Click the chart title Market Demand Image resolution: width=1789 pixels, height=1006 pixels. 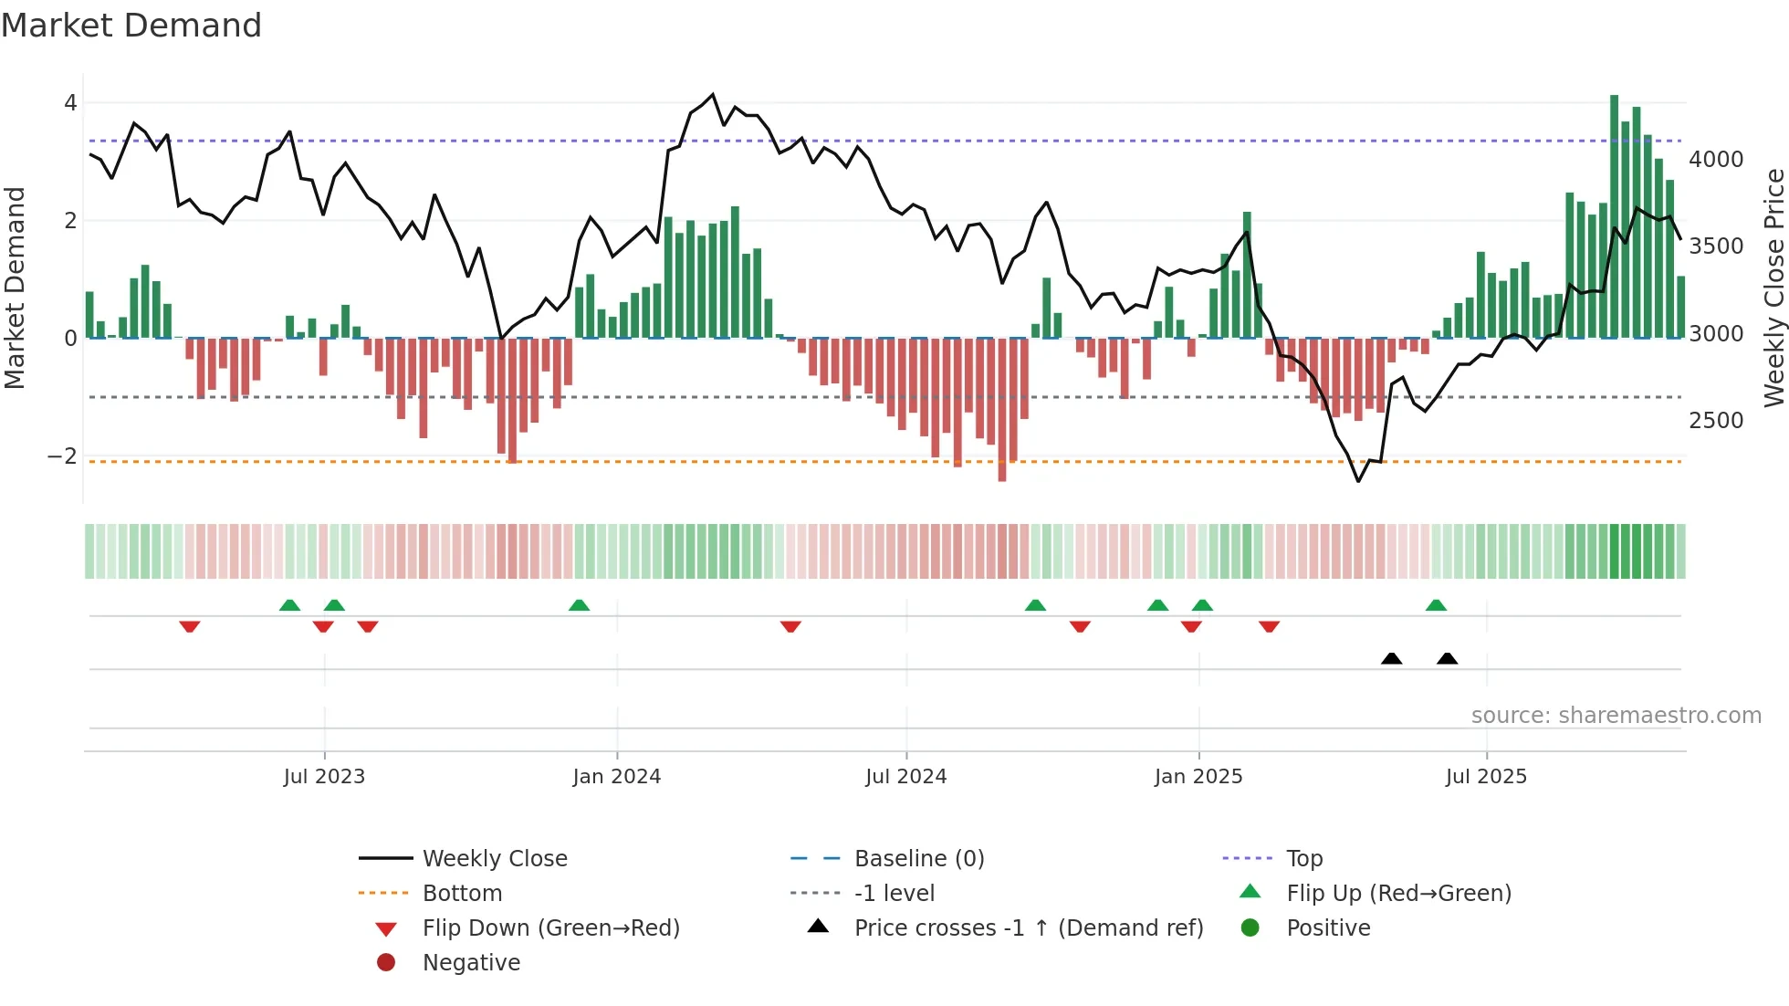[131, 26]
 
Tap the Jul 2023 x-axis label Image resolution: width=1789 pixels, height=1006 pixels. [324, 777]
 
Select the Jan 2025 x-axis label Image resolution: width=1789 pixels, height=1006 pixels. [1198, 777]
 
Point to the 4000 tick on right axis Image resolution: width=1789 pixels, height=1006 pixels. [1716, 160]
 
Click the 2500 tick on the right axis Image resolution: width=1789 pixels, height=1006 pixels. [1716, 421]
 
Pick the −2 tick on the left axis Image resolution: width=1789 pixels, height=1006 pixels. [62, 456]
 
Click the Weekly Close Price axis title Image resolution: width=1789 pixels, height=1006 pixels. [1773, 288]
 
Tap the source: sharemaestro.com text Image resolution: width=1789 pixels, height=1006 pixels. [1616, 716]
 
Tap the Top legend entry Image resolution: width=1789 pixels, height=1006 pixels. [1304, 859]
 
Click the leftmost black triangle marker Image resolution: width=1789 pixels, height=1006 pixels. [1391, 658]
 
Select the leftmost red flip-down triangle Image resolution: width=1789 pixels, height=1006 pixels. [190, 626]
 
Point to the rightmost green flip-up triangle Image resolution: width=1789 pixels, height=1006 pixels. [1436, 605]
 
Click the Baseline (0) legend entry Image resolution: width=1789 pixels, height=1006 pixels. [919, 859]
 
